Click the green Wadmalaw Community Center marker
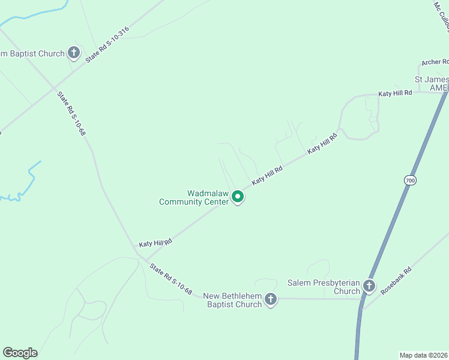tap(238, 196)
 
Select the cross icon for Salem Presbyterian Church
tap(369, 286)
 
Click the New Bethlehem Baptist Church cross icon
tap(271, 299)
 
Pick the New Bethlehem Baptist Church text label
tap(232, 300)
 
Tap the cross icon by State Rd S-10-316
tap(74, 53)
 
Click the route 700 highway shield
tap(410, 180)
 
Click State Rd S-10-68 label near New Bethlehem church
tap(171, 280)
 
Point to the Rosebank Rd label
tap(396, 280)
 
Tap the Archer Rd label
tap(435, 62)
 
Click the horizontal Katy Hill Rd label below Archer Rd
tap(395, 93)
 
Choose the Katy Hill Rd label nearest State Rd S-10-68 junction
tap(155, 242)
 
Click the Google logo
tap(20, 353)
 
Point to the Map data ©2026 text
tap(423, 355)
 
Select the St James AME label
tap(432, 83)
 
